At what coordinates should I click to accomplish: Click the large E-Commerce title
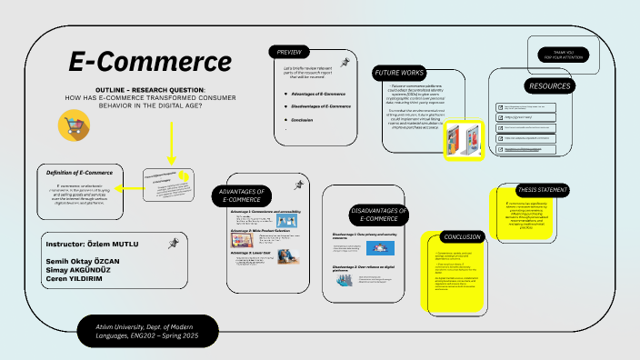(x=150, y=62)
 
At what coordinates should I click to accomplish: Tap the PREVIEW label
(x=290, y=51)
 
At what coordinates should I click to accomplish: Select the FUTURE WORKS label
(x=400, y=73)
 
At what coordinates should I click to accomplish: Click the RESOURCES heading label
(x=549, y=86)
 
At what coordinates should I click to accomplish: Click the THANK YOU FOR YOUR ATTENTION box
(x=565, y=55)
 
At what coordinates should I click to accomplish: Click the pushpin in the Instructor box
(x=173, y=243)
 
